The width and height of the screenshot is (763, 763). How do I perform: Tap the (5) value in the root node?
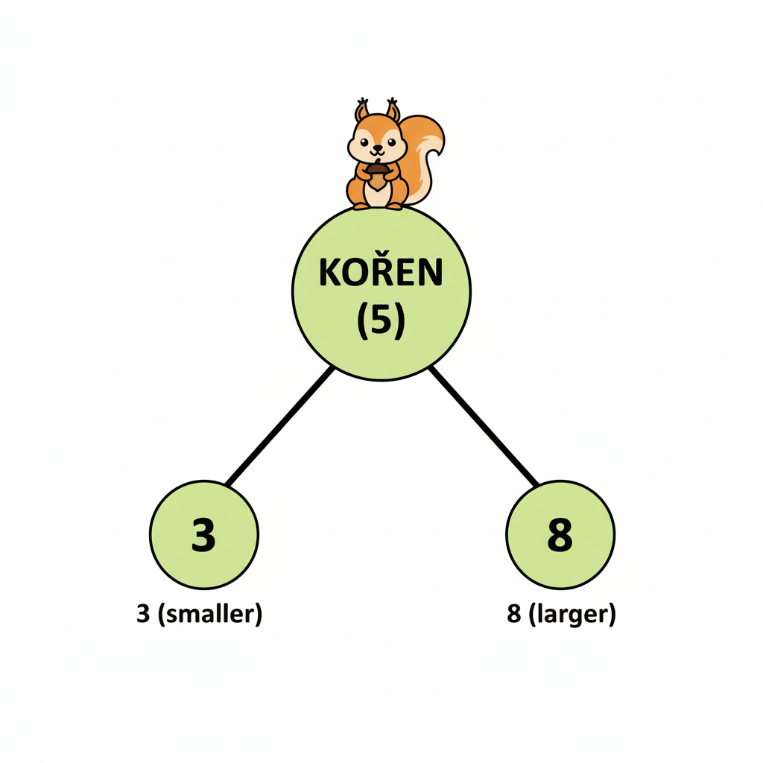pos(381,321)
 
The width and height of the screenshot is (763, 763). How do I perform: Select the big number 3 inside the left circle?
pos(203,535)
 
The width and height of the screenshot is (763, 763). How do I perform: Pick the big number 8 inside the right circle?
pos(560,535)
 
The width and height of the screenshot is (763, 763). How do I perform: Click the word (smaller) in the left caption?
pos(209,614)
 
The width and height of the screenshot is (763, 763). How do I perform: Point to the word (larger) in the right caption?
pos(572,614)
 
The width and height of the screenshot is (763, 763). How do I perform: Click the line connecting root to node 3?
pos(280,426)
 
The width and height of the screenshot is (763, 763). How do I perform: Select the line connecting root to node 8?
pos(484,426)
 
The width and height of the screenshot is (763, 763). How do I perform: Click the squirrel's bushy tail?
pos(424,156)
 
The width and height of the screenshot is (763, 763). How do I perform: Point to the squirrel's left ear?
pos(361,110)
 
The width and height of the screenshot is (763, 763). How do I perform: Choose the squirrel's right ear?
pos(393,110)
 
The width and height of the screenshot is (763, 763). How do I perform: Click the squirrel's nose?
pos(378,147)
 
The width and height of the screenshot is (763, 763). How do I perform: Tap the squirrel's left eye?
pos(364,142)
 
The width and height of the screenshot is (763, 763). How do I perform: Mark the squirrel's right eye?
pos(392,142)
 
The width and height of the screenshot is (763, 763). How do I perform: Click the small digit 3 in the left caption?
pos(143,614)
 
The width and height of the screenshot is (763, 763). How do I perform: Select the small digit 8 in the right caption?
pos(514,614)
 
